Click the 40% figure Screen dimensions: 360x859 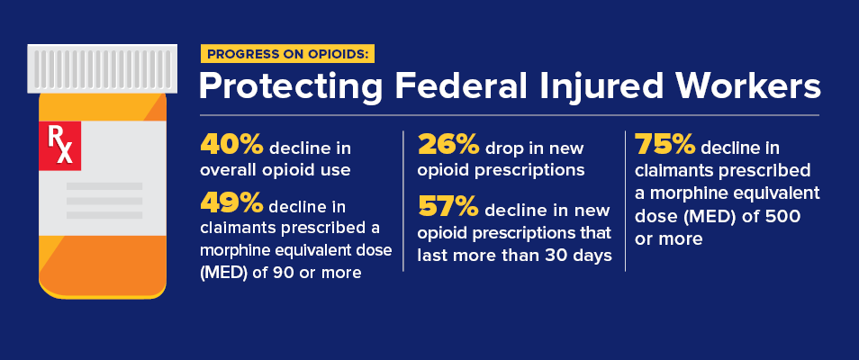(x=230, y=146)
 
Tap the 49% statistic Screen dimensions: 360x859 (x=230, y=208)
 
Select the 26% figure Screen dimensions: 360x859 (x=447, y=146)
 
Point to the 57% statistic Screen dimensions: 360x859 (x=448, y=208)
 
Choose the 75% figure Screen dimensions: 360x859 (x=665, y=146)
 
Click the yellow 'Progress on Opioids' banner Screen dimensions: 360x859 (x=287, y=53)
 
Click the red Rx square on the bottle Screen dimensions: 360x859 (x=59, y=147)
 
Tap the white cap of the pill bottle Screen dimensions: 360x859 (x=98, y=67)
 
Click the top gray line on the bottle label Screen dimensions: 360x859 (x=104, y=186)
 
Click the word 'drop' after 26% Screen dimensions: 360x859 (x=507, y=148)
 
